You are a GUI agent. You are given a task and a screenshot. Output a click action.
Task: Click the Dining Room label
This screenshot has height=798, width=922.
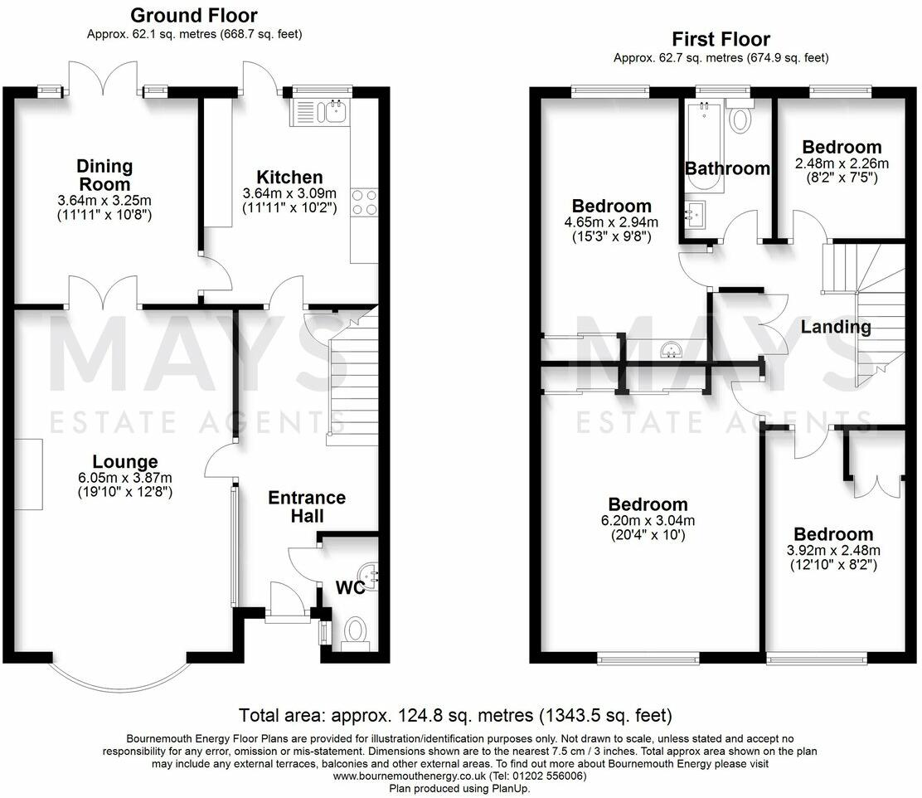pyautogui.click(x=104, y=175)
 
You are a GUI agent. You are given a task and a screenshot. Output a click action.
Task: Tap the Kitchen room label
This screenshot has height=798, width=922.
pyautogui.click(x=289, y=177)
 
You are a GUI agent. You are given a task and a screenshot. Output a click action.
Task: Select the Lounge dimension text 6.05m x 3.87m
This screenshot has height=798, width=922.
pyautogui.click(x=124, y=478)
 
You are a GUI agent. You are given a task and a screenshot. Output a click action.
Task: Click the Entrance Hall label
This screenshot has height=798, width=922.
pyautogui.click(x=307, y=507)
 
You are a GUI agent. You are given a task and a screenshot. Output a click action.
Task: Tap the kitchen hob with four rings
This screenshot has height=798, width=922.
pyautogui.click(x=365, y=202)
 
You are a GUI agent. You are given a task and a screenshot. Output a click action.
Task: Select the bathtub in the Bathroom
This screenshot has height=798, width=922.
pyautogui.click(x=703, y=145)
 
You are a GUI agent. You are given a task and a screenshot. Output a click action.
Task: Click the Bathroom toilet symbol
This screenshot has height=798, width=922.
pyautogui.click(x=740, y=118)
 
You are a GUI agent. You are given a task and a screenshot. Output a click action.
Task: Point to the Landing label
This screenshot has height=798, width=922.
pyautogui.click(x=835, y=327)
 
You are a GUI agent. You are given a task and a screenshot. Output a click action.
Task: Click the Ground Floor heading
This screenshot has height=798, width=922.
pyautogui.click(x=194, y=15)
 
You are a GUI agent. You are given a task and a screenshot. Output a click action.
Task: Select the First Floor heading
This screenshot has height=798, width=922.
pyautogui.click(x=721, y=39)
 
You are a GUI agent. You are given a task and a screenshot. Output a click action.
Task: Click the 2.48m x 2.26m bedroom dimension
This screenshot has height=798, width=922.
pyautogui.click(x=842, y=163)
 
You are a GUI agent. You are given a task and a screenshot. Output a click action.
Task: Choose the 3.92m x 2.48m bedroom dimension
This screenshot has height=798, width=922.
pyautogui.click(x=832, y=550)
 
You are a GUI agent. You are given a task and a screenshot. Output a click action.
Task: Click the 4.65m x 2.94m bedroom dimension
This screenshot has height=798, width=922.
pyautogui.click(x=613, y=221)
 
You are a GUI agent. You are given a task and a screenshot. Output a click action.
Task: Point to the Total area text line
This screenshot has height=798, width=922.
pyautogui.click(x=455, y=715)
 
